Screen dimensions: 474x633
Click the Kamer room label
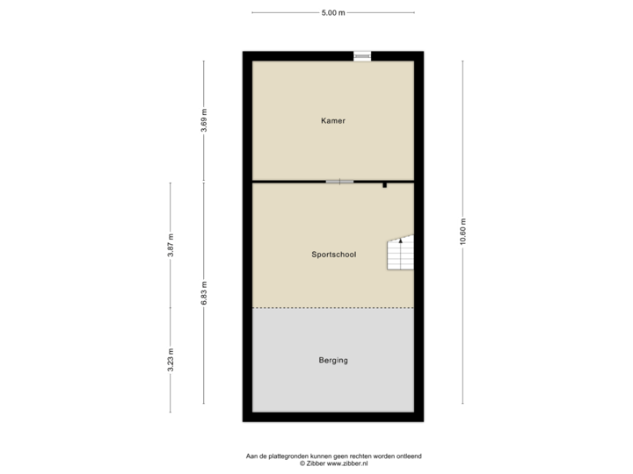(x=332, y=121)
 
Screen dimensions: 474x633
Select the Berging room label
(x=332, y=360)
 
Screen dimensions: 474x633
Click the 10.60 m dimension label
(x=463, y=233)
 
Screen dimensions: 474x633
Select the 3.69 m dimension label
(x=204, y=121)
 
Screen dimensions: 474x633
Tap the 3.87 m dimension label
(x=171, y=246)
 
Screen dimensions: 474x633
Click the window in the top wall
(x=362, y=56)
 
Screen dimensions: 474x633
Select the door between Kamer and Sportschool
(x=339, y=182)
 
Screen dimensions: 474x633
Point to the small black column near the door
(x=384, y=185)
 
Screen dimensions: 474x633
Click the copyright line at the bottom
(x=332, y=462)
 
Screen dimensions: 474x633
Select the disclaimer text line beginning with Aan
(x=332, y=456)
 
